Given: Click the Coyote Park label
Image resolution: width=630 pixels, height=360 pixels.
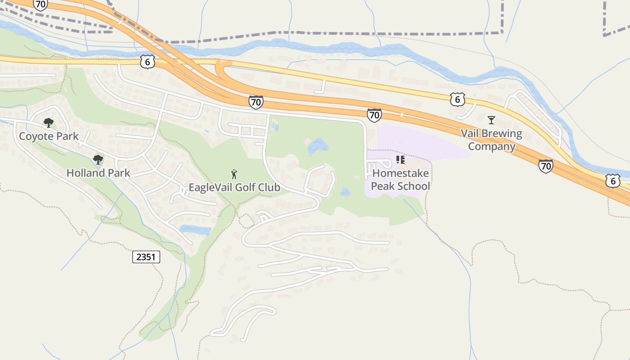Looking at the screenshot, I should coord(49,136).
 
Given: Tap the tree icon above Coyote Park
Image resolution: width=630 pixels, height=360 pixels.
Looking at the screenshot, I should coord(48,122).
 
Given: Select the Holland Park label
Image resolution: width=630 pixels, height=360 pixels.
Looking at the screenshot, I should coord(98,173).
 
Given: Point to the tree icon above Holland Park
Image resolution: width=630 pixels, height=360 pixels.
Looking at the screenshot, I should coord(98,159).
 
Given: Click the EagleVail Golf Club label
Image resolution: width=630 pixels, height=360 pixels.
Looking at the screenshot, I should coord(234,187).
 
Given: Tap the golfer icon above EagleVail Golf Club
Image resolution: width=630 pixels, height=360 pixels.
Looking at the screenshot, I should coord(234,174).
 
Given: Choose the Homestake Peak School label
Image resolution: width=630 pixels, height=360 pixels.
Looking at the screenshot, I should coord(400,180).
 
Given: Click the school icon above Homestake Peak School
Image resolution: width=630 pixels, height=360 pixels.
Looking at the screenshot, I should coord(400,160).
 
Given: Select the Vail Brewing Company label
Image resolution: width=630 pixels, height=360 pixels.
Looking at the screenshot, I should coord(491,140).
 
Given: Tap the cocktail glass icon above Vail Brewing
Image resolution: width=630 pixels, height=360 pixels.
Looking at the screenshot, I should coord(491,120).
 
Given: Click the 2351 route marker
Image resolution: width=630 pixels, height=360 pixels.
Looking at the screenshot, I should coord(146,257).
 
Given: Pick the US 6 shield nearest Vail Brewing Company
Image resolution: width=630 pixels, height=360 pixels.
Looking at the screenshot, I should coord(457,99).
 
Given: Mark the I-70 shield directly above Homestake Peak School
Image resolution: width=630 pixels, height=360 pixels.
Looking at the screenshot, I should coord(374,115).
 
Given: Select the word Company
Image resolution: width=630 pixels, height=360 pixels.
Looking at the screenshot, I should coord(491,147).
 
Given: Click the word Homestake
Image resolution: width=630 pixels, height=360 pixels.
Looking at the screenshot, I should coord(400,173).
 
